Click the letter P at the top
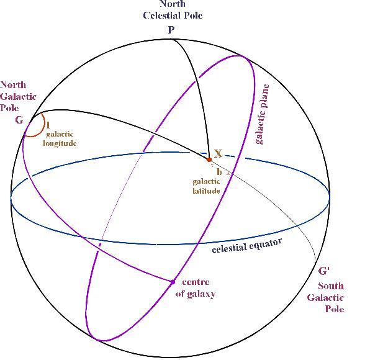171,30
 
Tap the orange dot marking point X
209,160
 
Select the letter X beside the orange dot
219,153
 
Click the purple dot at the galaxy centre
173,282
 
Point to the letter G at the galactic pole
19,120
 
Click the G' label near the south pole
324,271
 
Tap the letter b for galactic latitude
219,172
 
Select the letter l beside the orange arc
48,125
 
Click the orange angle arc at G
44,125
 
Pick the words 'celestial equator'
247,246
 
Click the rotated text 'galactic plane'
263,114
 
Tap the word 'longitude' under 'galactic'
60,143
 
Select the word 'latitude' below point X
206,191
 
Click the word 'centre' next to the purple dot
196,282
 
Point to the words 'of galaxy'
196,294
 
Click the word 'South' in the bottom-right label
331,286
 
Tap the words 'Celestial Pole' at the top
173,16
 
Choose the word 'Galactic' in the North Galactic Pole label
18,96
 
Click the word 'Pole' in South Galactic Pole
335,308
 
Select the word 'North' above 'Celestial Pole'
173,4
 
